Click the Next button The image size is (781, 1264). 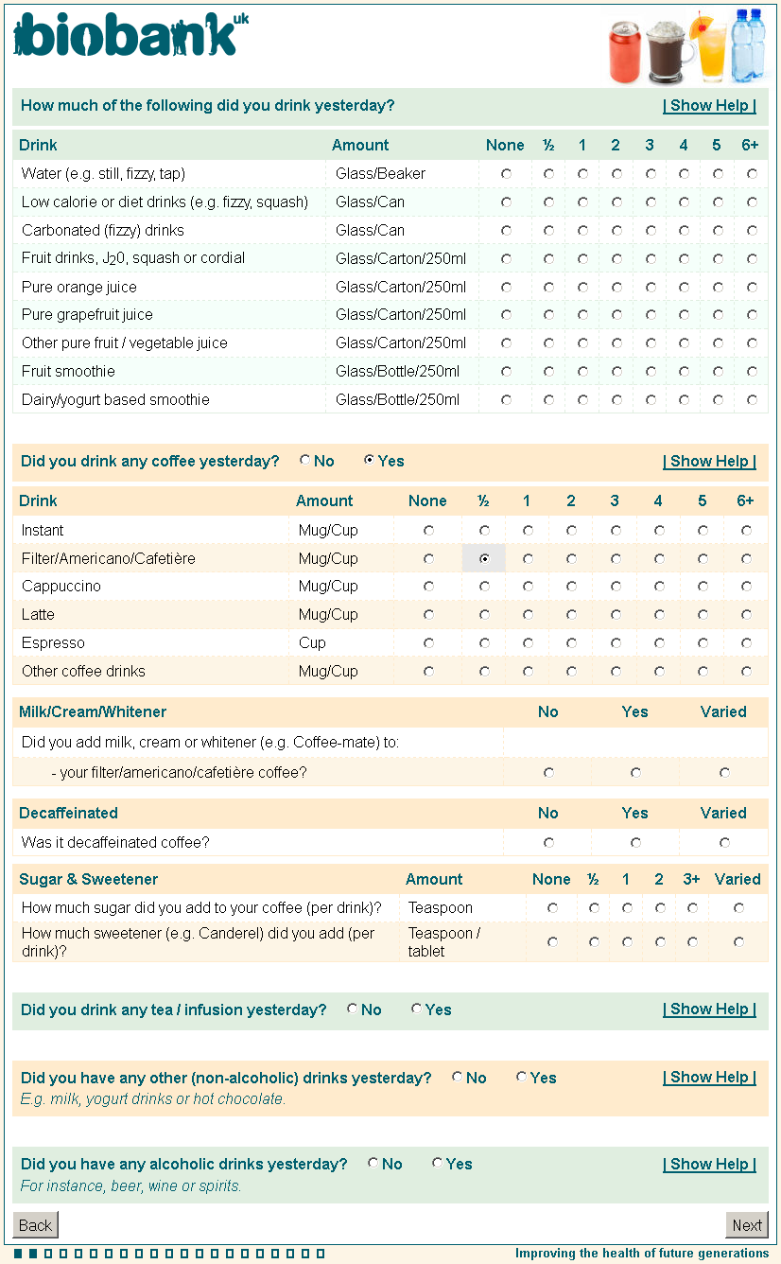(747, 1225)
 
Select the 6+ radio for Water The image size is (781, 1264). (752, 174)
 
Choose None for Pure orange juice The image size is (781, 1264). (507, 287)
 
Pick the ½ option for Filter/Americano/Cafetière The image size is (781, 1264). (484, 559)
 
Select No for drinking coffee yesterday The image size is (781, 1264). (305, 461)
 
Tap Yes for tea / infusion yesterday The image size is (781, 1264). (417, 1009)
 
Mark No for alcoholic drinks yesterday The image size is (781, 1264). (373, 1164)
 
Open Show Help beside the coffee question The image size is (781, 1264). (709, 462)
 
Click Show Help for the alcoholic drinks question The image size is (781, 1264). (709, 1165)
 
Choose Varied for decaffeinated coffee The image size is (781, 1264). (724, 842)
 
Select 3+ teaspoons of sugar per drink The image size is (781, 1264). (692, 908)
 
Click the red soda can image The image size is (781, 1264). (625, 52)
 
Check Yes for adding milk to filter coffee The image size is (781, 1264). (635, 773)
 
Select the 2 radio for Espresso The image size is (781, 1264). (571, 643)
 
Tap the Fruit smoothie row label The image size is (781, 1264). (68, 372)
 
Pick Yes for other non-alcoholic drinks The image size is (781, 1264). (522, 1078)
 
